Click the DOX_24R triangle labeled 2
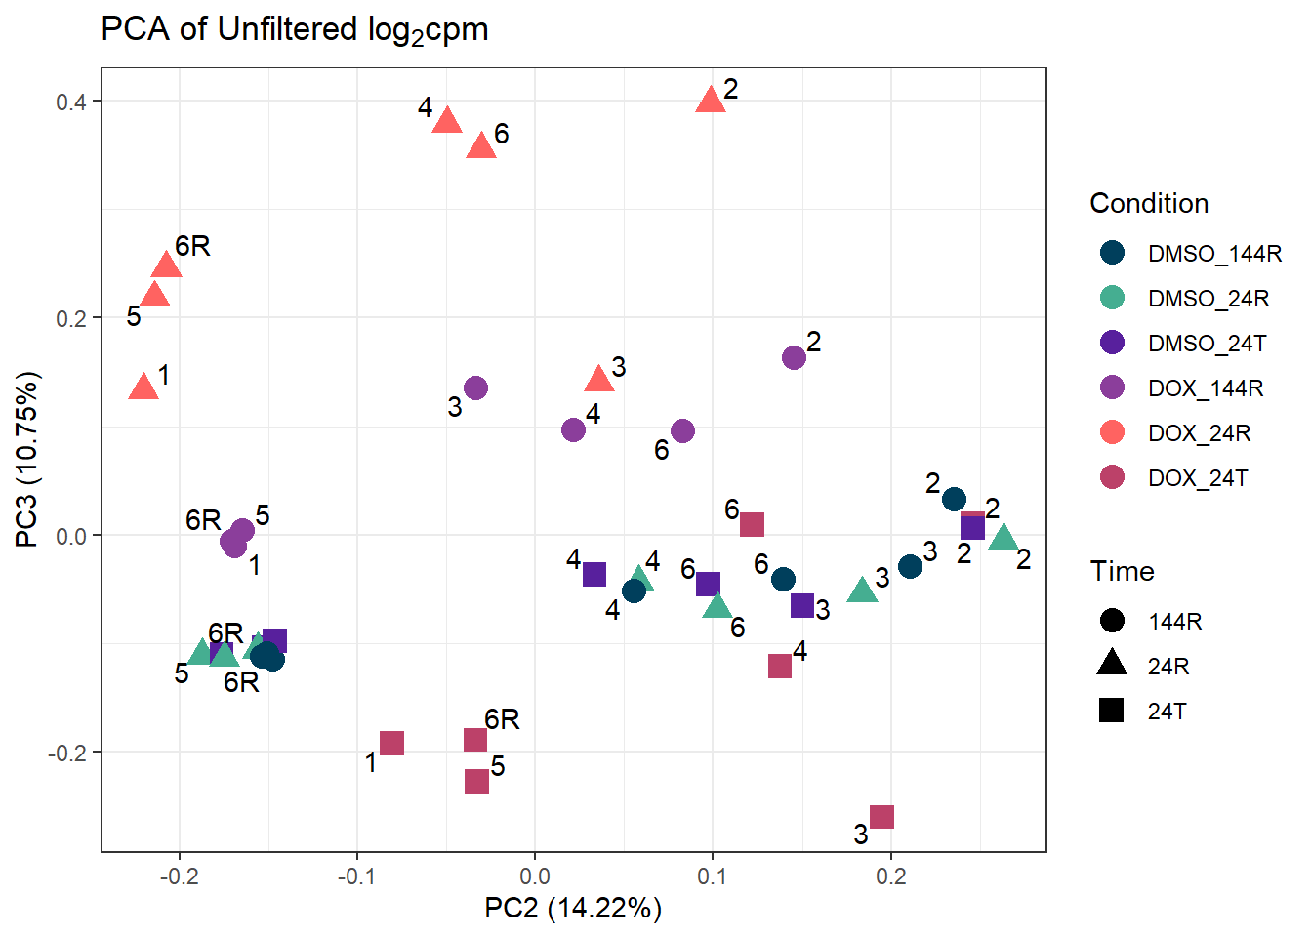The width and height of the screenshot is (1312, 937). [x=711, y=100]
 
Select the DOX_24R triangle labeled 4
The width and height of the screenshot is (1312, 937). [x=447, y=121]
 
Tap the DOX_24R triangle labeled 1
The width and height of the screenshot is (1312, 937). [x=143, y=387]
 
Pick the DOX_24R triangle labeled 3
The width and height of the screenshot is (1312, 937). [x=599, y=379]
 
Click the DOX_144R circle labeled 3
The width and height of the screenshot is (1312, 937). [x=475, y=387]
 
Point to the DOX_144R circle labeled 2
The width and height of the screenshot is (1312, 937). [x=795, y=357]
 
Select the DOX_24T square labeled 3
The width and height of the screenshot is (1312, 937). [x=881, y=817]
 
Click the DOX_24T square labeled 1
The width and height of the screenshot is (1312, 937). [x=391, y=743]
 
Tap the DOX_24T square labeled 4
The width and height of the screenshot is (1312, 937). [x=780, y=667]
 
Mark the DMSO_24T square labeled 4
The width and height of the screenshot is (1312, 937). [x=594, y=574]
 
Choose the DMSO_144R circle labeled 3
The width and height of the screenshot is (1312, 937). [x=910, y=566]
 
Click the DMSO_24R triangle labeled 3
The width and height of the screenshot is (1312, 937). [x=862, y=591]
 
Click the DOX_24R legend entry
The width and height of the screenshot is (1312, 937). [x=1199, y=432]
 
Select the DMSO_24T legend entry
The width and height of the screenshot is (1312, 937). [x=1207, y=343]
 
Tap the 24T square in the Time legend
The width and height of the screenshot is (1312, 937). [x=1112, y=711]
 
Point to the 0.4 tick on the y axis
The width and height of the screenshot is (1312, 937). [x=71, y=102]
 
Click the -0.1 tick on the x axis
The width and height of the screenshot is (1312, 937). [x=357, y=876]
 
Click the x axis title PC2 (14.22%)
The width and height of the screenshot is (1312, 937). [x=573, y=909]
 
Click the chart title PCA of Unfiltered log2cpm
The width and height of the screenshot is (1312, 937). [x=295, y=30]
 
